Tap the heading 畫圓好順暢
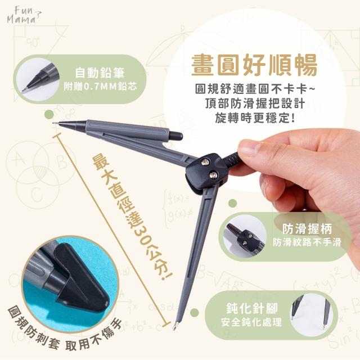pos(254,65)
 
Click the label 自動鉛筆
pos(100,73)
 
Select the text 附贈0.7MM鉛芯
pos(101,86)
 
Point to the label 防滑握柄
pos(307,229)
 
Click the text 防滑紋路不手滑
pos(307,242)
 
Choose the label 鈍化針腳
pos(251,308)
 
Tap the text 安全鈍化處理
pos(251,322)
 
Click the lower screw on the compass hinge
pos(213,175)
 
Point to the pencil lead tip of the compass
pos(54,123)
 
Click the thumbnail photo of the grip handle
pos(245,236)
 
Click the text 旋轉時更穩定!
pos(255,118)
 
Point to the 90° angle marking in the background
pos(32,43)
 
